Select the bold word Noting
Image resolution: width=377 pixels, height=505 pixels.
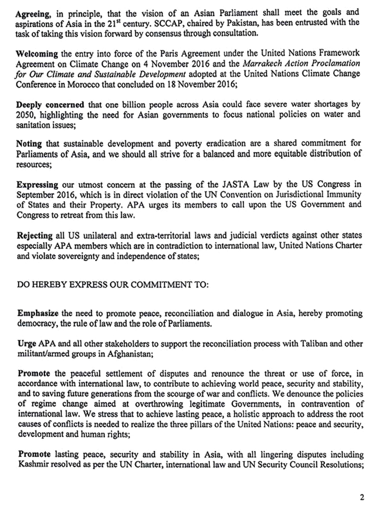[x=29, y=145]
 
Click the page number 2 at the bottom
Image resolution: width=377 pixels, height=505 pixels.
[x=361, y=497]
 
